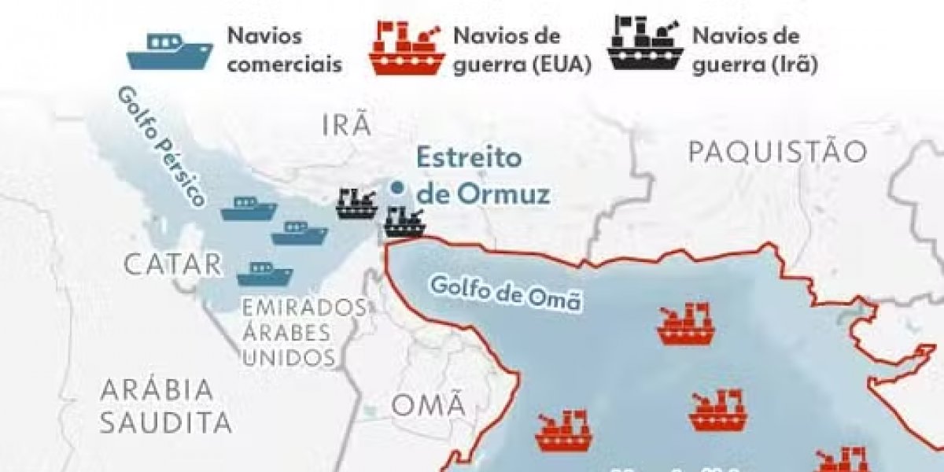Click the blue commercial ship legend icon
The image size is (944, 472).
tap(169, 51)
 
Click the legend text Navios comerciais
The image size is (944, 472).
tap(284, 50)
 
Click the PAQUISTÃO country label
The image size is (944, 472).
tap(777, 152)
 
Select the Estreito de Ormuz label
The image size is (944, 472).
tap(481, 175)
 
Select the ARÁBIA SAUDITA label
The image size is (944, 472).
tap(165, 406)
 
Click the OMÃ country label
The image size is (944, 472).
tap(428, 406)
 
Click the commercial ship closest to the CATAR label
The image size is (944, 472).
tap(264, 274)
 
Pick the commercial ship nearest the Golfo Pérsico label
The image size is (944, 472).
tap(249, 208)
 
